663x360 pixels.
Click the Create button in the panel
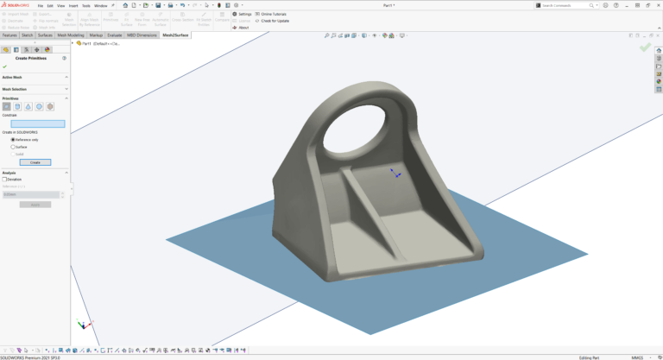coord(35,162)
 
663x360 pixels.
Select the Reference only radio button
coord(13,139)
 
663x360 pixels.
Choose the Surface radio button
coord(13,147)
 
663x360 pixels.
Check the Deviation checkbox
coord(4,179)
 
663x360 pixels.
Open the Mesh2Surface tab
coord(175,35)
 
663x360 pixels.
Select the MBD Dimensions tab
coord(142,35)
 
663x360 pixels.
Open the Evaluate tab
coord(115,35)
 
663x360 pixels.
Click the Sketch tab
coord(27,35)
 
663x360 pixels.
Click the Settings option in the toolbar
coord(244,14)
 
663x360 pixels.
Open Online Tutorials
coord(273,14)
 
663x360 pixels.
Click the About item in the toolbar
coord(243,28)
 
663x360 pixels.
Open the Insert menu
coord(73,5)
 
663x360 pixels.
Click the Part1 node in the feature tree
coord(87,43)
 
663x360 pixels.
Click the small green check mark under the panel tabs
coord(5,66)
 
